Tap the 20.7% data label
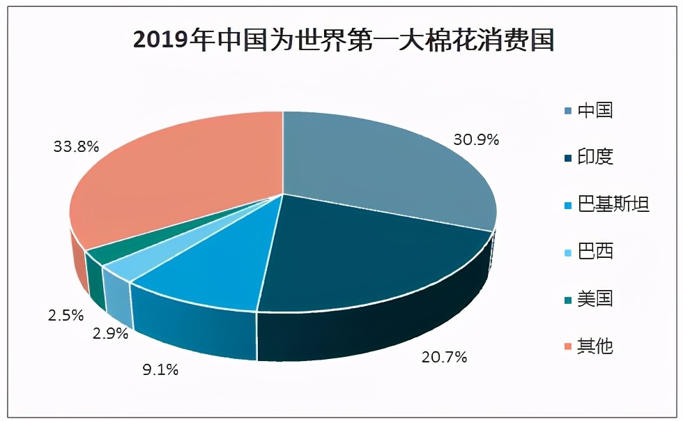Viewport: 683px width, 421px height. tap(444, 358)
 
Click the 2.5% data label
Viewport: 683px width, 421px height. tap(66, 315)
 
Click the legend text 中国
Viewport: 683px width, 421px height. tap(594, 110)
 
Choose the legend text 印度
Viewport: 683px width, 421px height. tap(594, 157)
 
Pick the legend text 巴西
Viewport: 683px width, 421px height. tap(594, 251)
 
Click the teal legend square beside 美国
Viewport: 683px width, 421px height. tap(567, 299)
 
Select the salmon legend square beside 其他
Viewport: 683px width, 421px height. tap(567, 346)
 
